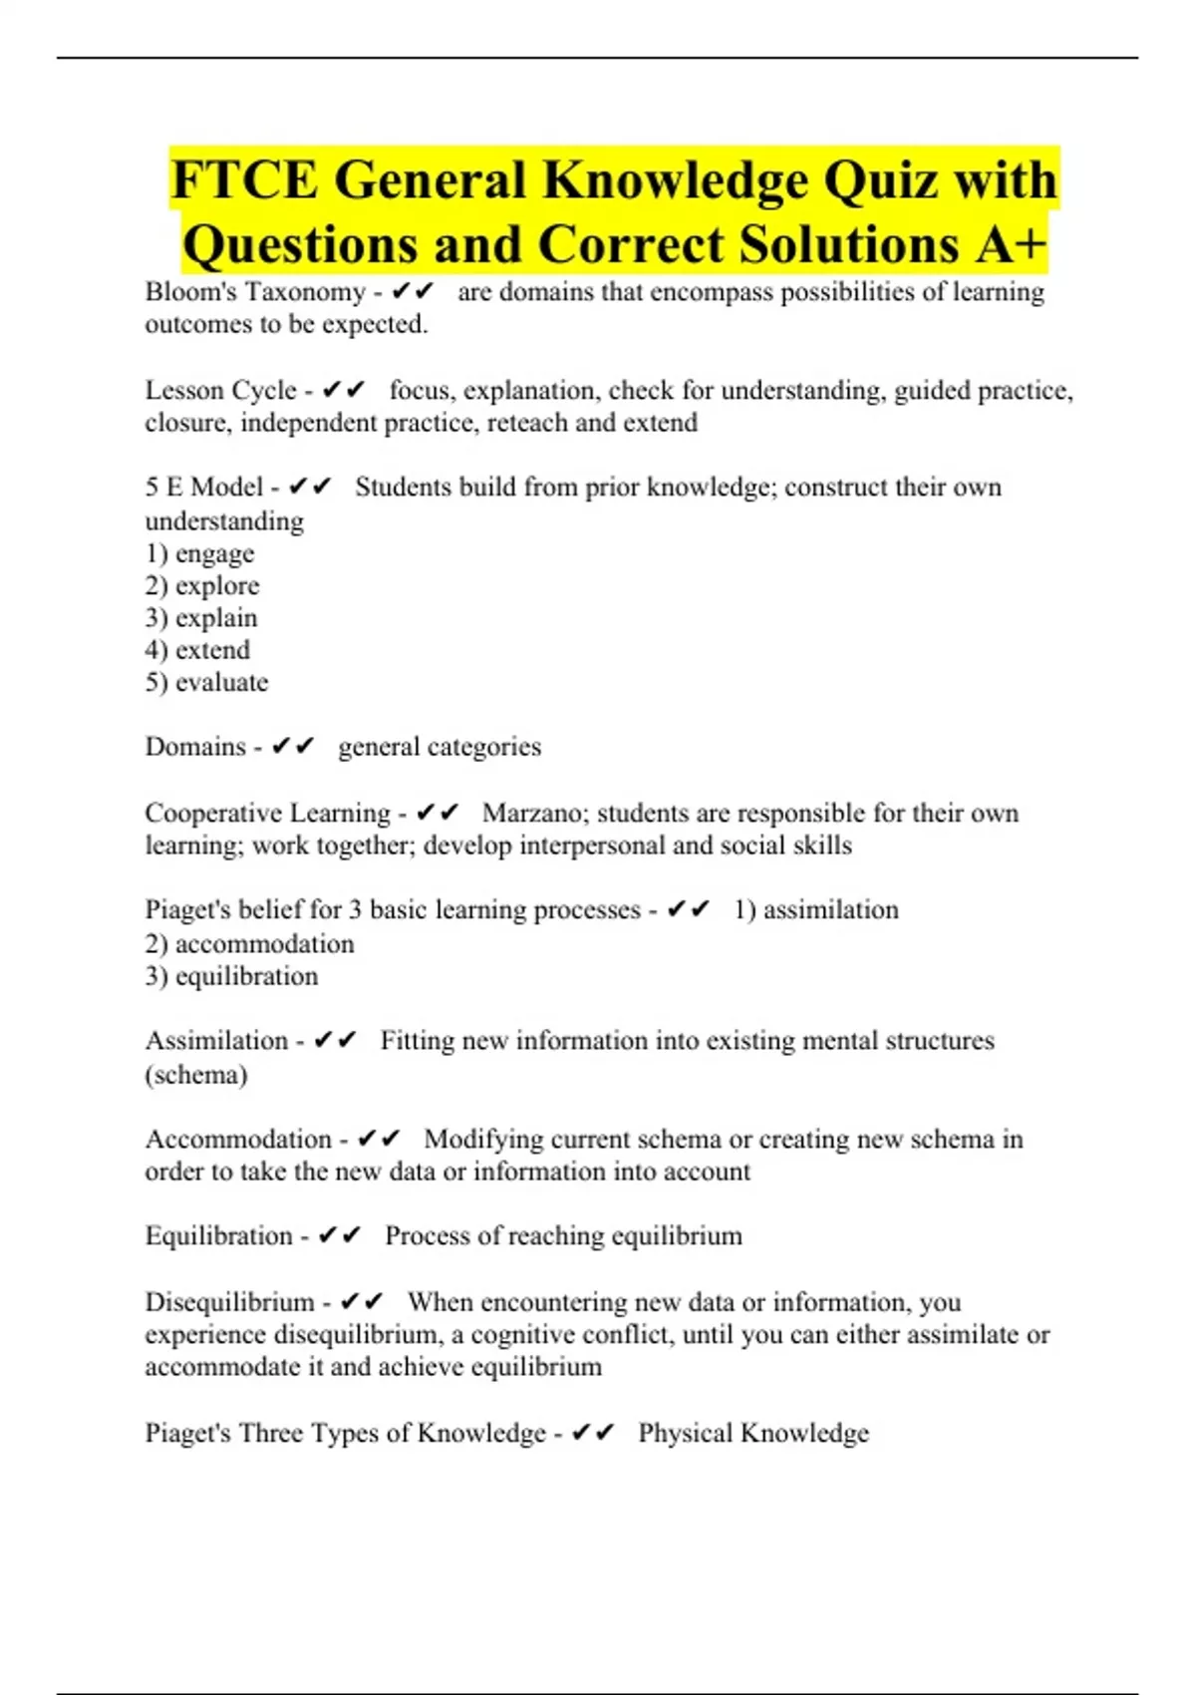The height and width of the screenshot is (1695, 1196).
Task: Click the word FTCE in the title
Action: point(244,180)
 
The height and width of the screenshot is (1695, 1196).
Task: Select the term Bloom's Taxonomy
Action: point(255,292)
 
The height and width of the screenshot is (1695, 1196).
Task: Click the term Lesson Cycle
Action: point(221,390)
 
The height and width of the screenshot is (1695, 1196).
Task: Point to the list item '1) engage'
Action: point(199,553)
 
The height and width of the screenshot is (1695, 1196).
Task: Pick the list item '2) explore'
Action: point(202,585)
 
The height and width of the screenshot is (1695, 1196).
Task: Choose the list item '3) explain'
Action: point(201,618)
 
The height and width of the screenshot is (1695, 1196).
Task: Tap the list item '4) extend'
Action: point(197,650)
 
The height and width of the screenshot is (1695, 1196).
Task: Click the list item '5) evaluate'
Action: point(206,683)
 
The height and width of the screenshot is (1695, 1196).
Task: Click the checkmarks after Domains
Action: point(293,747)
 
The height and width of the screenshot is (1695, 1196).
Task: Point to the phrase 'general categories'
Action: point(440,747)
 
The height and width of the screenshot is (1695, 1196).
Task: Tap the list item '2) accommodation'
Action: point(249,944)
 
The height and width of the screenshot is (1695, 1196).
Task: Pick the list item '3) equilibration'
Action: point(231,976)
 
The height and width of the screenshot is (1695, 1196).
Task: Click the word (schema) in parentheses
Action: point(196,1075)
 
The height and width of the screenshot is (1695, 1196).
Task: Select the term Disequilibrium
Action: point(229,1302)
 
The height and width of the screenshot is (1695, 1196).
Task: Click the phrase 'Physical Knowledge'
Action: point(753,1433)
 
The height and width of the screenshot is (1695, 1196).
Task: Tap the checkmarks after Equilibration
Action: point(339,1236)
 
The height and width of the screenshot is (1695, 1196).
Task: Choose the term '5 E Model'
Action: point(204,488)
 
